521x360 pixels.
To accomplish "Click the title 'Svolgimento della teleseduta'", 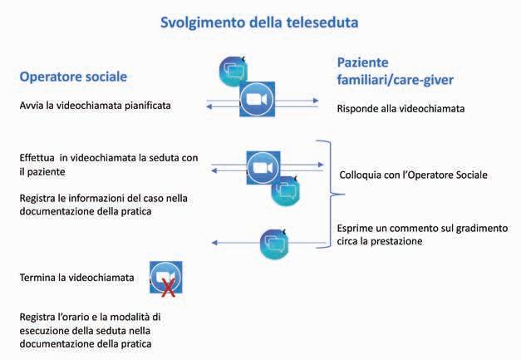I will [x=260, y=22].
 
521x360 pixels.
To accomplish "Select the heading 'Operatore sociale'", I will [x=74, y=76].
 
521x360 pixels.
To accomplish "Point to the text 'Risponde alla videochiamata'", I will [x=401, y=108].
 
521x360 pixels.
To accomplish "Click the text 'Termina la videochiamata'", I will [x=76, y=277].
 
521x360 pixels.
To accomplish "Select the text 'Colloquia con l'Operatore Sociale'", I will [x=414, y=175].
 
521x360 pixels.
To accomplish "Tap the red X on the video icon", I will [x=168, y=288].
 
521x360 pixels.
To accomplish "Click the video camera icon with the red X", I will [x=165, y=278].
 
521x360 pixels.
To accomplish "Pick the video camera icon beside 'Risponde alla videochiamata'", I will [x=257, y=101].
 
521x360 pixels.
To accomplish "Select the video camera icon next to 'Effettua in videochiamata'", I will [x=263, y=167].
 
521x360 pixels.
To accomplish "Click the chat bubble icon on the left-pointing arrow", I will [x=275, y=243].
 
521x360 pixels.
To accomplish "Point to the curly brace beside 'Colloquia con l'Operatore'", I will [x=332, y=194].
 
